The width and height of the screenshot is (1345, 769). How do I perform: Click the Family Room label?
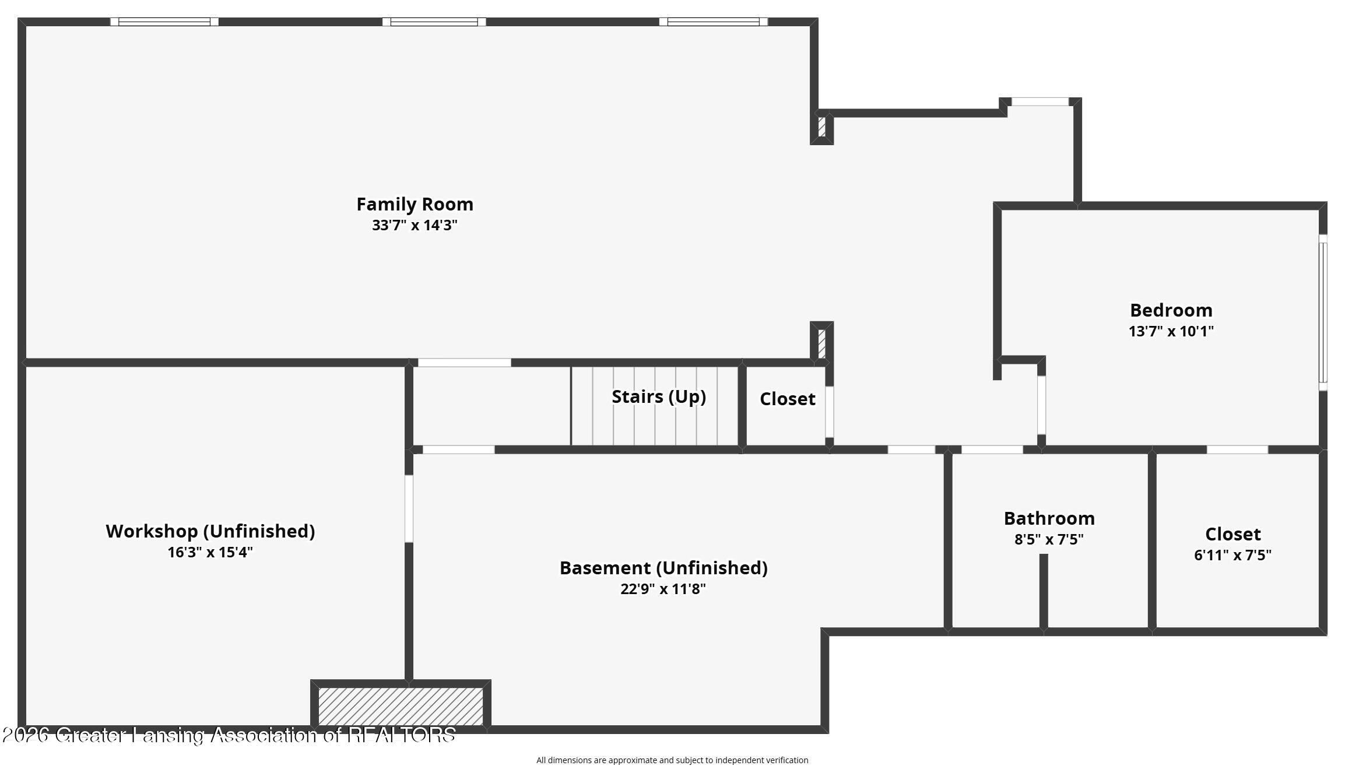point(415,204)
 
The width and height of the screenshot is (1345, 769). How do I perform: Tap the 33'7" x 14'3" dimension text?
point(415,225)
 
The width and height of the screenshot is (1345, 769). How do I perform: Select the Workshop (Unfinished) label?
point(210,531)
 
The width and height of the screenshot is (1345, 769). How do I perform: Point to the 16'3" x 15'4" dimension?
point(210,552)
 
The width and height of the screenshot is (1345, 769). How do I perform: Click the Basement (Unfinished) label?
point(663,568)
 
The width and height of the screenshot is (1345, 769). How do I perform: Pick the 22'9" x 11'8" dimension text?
point(663,589)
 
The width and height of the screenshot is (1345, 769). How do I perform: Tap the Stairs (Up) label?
point(659,396)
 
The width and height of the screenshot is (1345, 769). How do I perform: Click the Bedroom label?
point(1171,310)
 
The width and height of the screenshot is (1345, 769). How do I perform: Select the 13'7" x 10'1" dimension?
point(1171,331)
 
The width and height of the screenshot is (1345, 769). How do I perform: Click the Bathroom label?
point(1049,518)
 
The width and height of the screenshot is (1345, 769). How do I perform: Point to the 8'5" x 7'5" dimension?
point(1049,539)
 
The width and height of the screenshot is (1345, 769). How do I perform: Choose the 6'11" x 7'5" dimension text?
point(1233,554)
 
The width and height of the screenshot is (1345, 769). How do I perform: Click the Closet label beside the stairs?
point(788,399)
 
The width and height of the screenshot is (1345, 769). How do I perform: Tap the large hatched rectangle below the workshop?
point(401,706)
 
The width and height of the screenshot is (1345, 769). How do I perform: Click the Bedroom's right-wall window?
point(1323,312)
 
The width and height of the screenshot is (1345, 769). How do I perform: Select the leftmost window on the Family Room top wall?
point(164,22)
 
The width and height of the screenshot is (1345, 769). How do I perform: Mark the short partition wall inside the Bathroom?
point(1044,592)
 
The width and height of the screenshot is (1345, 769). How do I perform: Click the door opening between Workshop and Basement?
point(409,509)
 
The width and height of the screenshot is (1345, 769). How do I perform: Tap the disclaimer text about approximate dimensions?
point(672,760)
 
